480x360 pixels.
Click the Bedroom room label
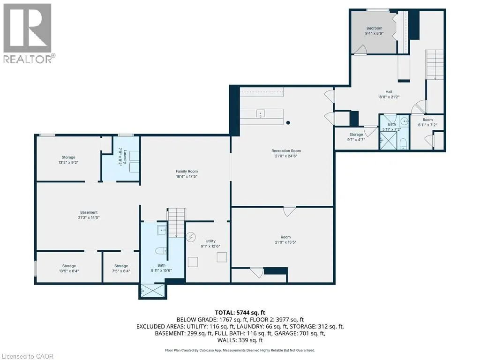(375, 28)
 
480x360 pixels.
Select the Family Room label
(187, 171)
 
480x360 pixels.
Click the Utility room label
(210, 240)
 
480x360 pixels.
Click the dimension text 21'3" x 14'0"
(88, 217)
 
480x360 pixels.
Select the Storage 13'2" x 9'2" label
(68, 157)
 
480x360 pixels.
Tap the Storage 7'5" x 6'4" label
(121, 266)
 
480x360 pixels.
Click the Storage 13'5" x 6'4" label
(69, 266)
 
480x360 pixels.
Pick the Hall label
(389, 92)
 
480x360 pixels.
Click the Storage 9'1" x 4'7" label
(356, 135)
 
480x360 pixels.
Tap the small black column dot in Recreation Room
(288, 123)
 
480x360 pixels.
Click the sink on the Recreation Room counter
(261, 113)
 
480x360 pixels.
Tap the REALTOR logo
(29, 32)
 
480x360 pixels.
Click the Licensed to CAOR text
(28, 356)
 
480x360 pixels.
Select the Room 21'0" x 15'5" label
(282, 240)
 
